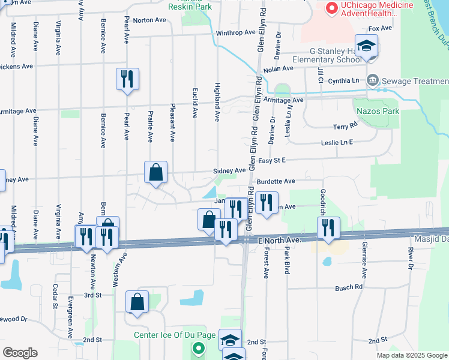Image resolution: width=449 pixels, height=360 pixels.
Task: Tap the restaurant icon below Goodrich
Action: pyautogui.click(x=328, y=228)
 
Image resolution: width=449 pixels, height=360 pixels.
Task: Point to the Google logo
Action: pyautogui.click(x=20, y=352)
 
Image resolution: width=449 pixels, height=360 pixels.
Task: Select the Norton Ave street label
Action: pyautogui.click(x=149, y=20)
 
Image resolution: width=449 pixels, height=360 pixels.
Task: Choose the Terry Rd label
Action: pyautogui.click(x=345, y=127)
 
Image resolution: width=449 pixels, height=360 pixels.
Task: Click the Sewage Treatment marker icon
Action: pyautogui.click(x=373, y=80)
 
